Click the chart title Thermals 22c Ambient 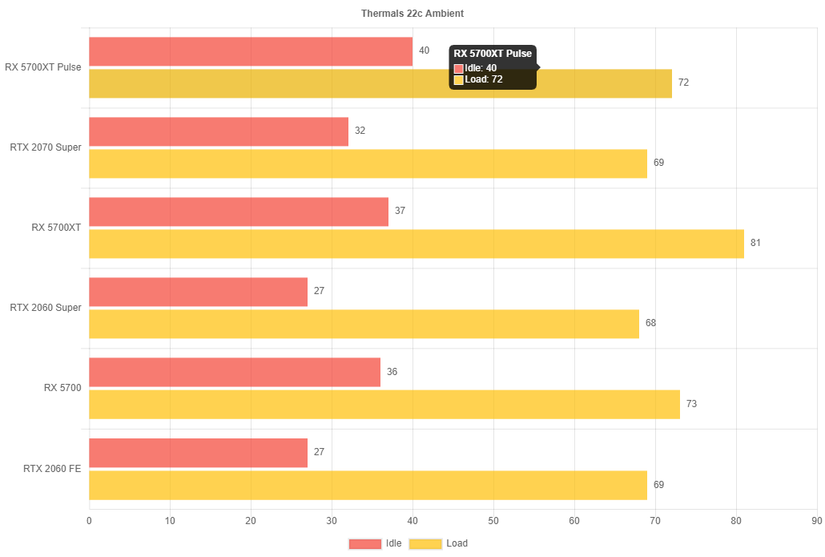(x=412, y=14)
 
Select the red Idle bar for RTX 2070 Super (x=219, y=131)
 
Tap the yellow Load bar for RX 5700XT (x=416, y=244)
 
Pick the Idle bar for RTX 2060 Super (x=198, y=292)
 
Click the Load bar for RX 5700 (x=384, y=404)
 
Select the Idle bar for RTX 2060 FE (x=198, y=453)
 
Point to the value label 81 (x=755, y=243)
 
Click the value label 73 (x=691, y=404)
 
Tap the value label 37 (x=400, y=211)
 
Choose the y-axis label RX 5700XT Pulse (x=43, y=67)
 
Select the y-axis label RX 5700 (x=62, y=388)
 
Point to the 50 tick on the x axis (x=493, y=521)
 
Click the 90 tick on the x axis (x=816, y=521)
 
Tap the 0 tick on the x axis (x=89, y=521)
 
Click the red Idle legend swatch (x=364, y=543)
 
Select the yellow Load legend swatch (x=425, y=543)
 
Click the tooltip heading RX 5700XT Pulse (x=493, y=54)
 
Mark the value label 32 (x=360, y=131)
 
